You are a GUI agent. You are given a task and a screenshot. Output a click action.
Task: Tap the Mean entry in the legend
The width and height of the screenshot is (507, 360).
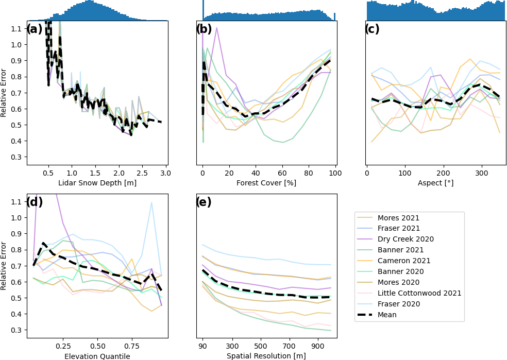(387, 315)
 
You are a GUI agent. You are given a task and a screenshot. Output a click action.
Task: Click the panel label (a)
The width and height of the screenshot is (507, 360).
(35, 29)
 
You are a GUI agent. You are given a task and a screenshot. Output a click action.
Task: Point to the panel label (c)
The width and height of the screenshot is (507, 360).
(372, 29)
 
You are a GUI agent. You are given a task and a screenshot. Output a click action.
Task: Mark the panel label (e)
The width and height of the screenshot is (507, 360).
(204, 202)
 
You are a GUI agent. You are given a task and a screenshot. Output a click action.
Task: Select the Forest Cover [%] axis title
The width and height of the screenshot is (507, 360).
(266, 183)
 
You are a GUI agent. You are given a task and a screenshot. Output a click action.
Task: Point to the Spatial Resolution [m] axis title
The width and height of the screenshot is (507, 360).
(266, 356)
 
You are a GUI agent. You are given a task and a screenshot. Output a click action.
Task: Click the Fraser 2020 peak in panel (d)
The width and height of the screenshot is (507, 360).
(151, 202)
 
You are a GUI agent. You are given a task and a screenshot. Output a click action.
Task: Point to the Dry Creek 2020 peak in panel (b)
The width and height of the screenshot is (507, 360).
(216, 28)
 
